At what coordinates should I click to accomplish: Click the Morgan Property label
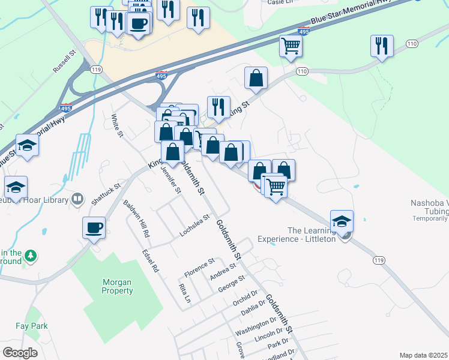(117, 287)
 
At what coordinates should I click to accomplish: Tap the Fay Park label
(32, 326)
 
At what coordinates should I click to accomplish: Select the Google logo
(20, 353)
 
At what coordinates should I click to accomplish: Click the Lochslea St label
(194, 226)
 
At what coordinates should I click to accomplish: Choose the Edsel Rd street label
(149, 261)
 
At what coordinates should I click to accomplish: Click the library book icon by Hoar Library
(77, 199)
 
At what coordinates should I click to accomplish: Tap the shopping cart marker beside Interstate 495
(291, 45)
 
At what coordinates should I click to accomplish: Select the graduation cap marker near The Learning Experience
(342, 221)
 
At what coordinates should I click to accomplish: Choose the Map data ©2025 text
(423, 355)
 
